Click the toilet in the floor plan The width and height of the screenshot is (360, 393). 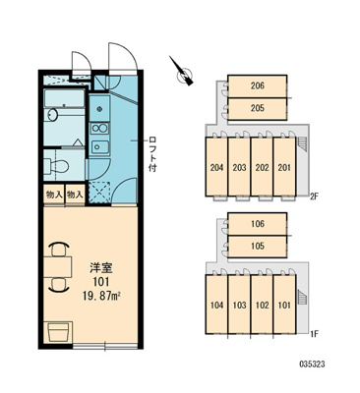[x=56, y=166]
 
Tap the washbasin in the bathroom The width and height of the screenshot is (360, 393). [x=52, y=115]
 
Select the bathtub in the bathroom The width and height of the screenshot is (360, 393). [x=64, y=97]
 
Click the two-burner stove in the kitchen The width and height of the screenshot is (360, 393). [x=99, y=129]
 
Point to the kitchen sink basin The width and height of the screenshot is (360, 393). [x=99, y=146]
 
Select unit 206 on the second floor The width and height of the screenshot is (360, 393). [x=258, y=86]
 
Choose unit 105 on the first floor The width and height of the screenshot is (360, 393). [x=258, y=247]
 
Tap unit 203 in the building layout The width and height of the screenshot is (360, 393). [x=239, y=167]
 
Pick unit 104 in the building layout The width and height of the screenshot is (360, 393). [x=216, y=305]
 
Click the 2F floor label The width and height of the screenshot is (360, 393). [x=315, y=196]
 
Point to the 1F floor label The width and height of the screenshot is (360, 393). [x=315, y=334]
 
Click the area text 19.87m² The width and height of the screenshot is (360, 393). [x=101, y=296]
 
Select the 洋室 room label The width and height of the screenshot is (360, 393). [x=101, y=268]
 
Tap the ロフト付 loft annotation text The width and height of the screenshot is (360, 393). [x=152, y=153]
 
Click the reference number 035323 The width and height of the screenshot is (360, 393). [x=312, y=365]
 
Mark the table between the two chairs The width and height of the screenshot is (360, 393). [x=58, y=267]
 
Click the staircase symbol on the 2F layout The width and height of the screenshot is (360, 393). [x=301, y=144]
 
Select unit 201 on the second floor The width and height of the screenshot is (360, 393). [x=284, y=167]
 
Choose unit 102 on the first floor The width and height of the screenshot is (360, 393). [x=262, y=305]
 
